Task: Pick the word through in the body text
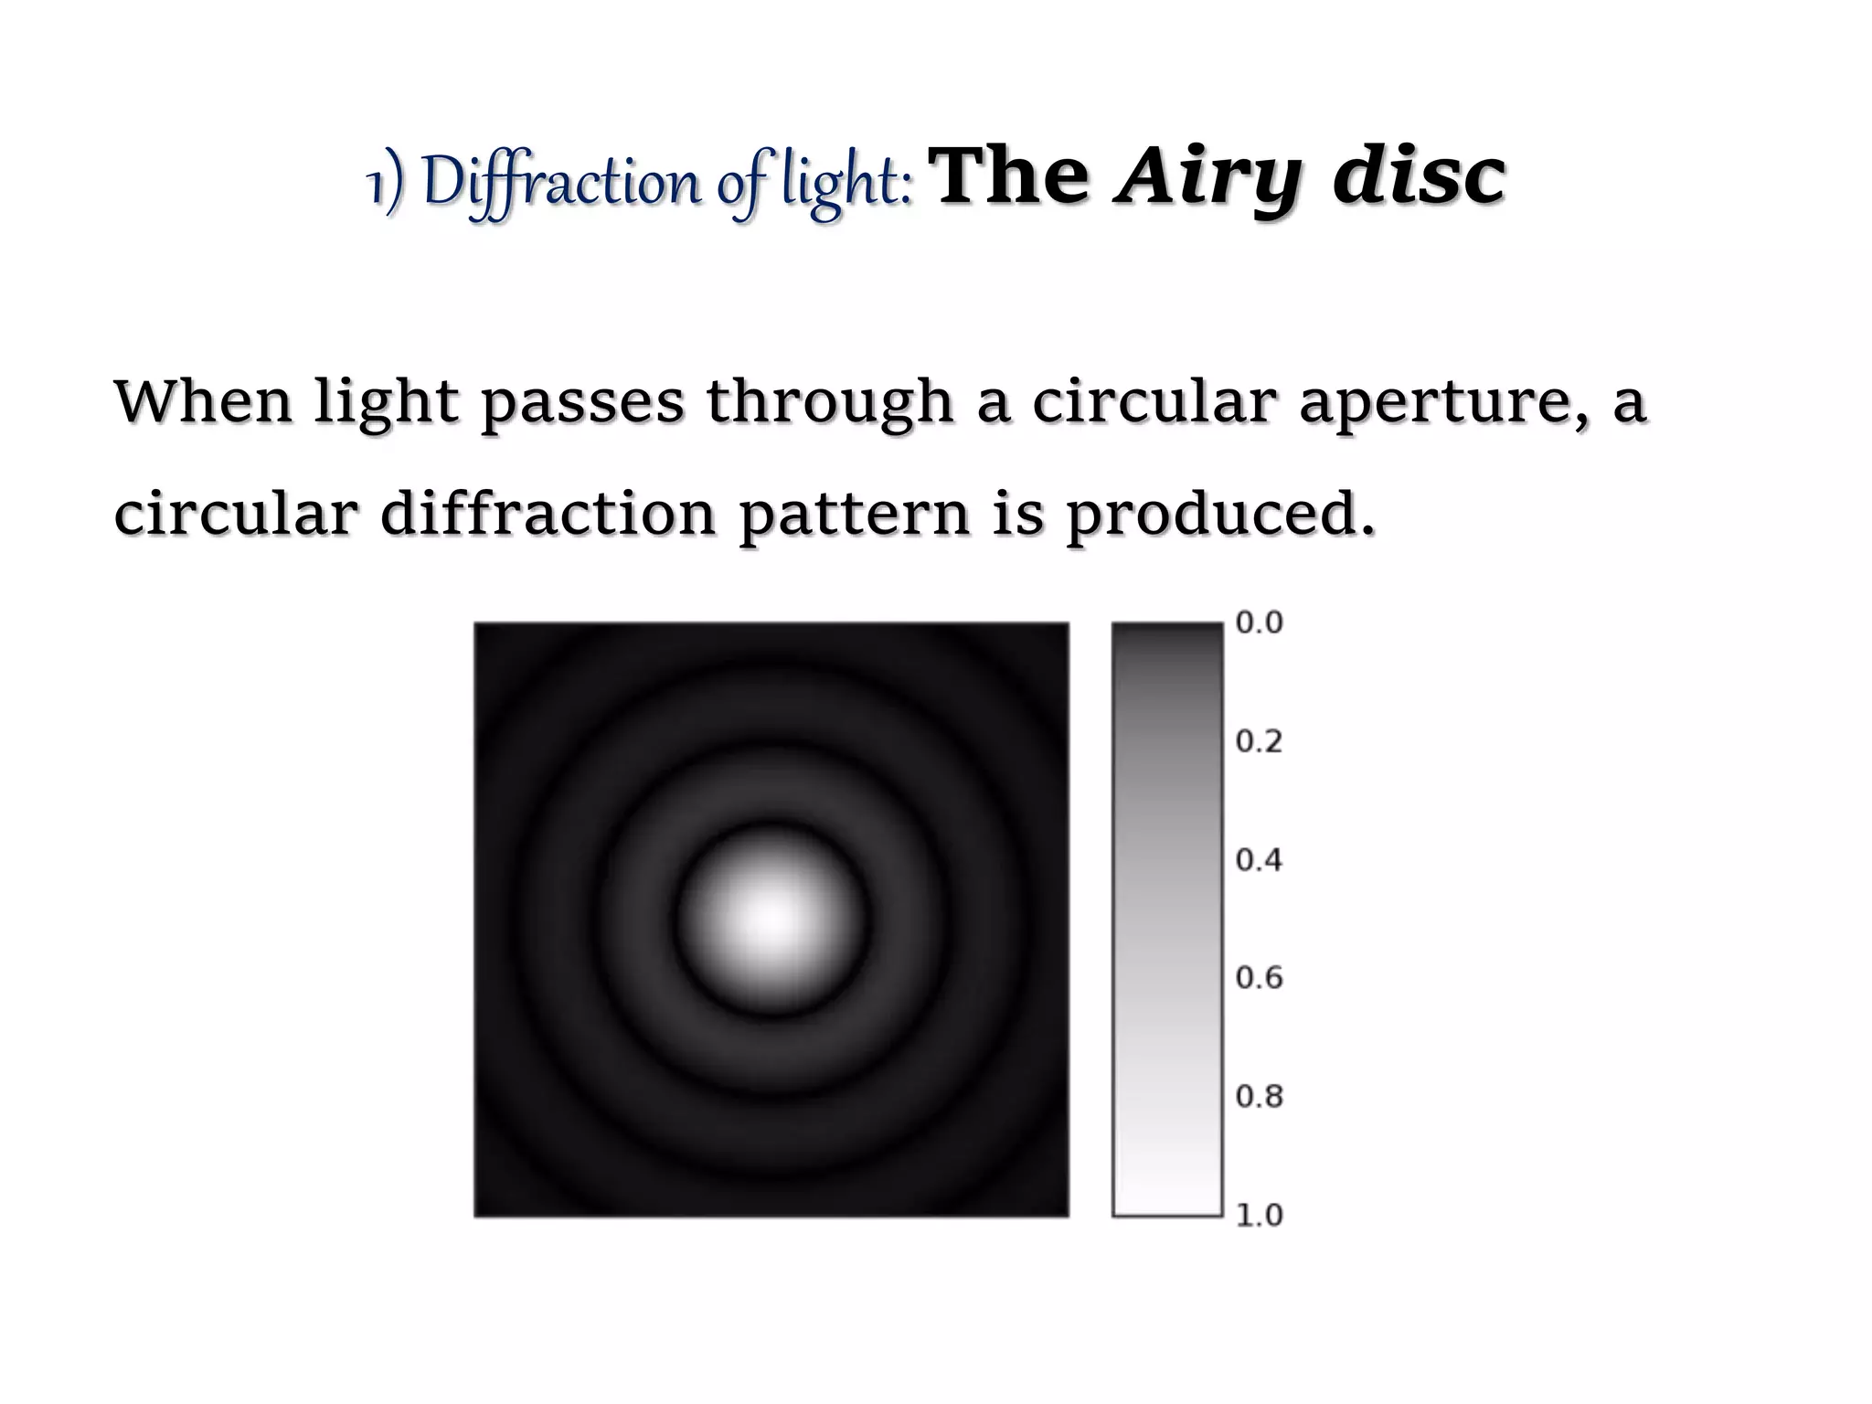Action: [x=830, y=404]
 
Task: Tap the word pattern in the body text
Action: [x=854, y=516]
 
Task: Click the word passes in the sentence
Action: [x=582, y=404]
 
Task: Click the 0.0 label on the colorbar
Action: [x=1259, y=622]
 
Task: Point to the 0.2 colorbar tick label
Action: [x=1259, y=741]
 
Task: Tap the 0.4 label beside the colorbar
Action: [x=1259, y=860]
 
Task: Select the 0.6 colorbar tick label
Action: [x=1259, y=978]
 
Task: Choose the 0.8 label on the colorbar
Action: [x=1259, y=1096]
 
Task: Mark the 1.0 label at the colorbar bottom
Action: [x=1259, y=1215]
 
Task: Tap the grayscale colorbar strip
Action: [x=1167, y=920]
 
